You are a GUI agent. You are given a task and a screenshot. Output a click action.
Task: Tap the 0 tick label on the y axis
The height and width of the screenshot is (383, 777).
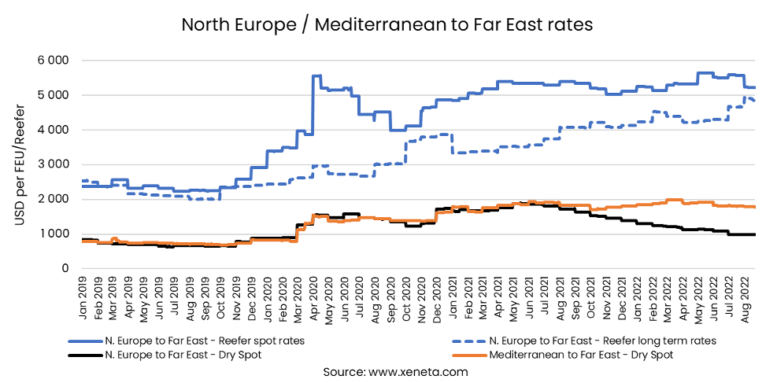66,268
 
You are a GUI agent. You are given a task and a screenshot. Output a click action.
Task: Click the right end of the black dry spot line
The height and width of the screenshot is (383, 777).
754,234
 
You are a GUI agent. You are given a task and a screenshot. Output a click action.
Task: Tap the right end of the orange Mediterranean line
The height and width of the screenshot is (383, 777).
754,207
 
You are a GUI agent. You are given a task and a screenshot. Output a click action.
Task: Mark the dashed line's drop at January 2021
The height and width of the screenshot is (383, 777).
452,143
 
